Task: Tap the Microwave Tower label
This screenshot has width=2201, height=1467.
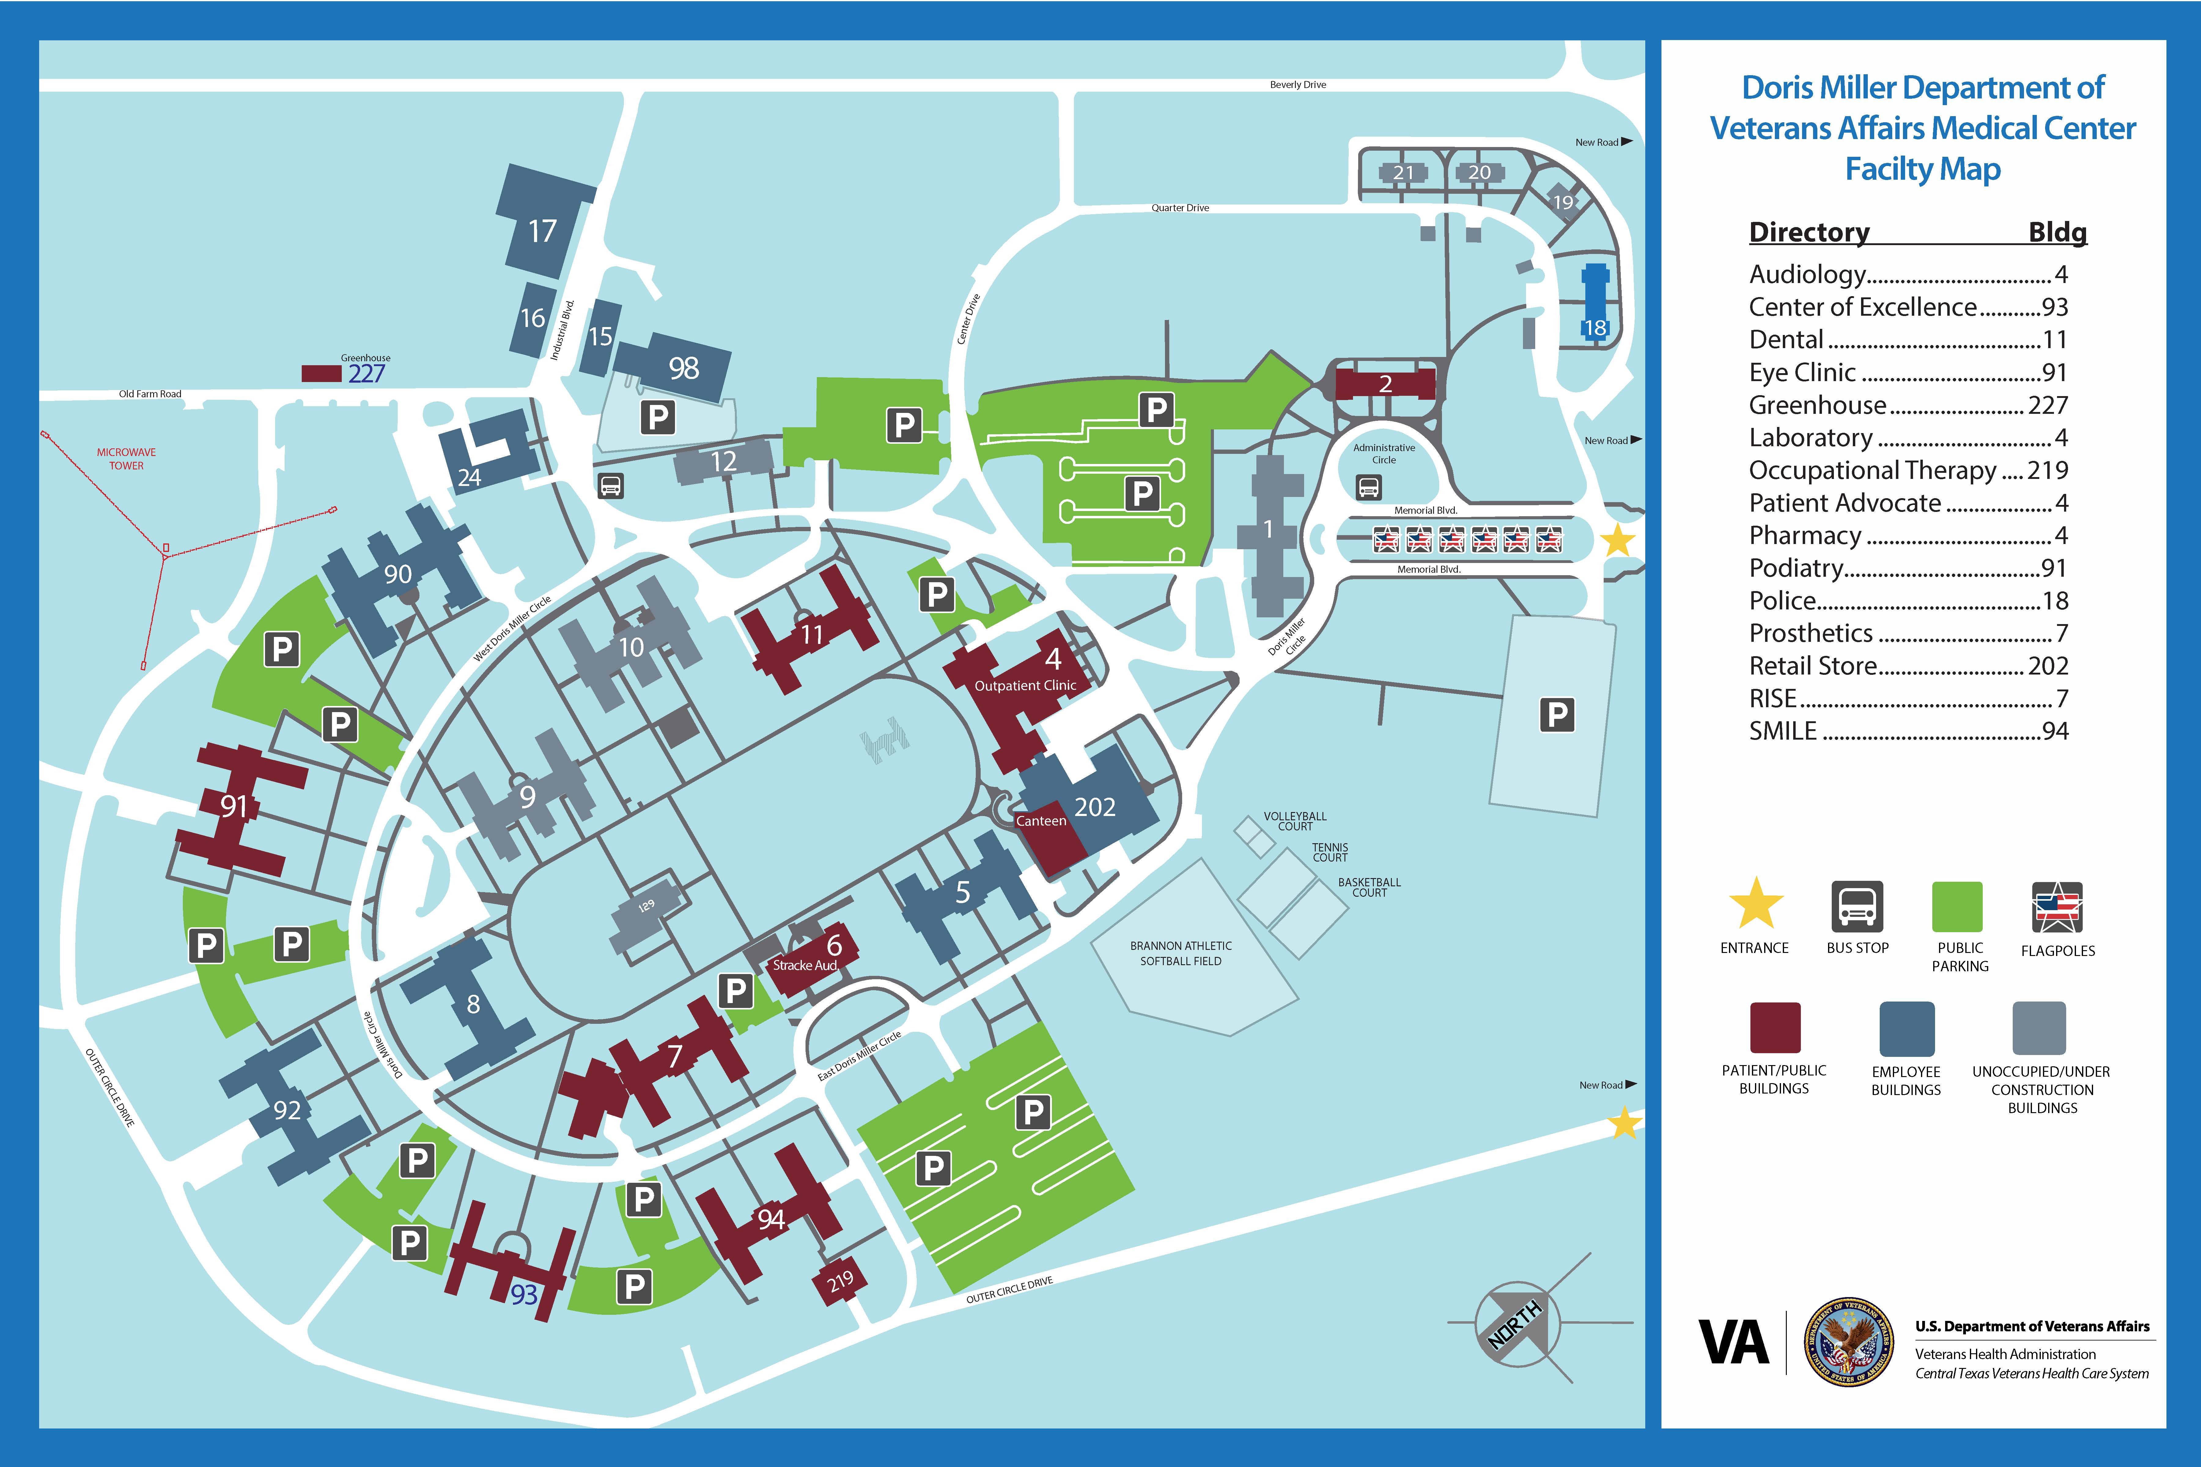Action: pos(126,458)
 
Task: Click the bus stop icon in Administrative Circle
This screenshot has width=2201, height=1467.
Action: pos(1368,487)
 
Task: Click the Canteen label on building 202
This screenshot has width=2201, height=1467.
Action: pos(1041,821)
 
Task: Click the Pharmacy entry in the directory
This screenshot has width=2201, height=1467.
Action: pos(1907,535)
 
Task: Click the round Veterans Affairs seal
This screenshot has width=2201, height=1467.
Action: pos(1848,1343)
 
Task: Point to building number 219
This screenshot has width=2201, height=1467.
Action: pos(840,1280)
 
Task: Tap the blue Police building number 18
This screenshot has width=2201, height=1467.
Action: pos(1595,327)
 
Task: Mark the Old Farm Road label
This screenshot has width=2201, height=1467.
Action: pos(150,394)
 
